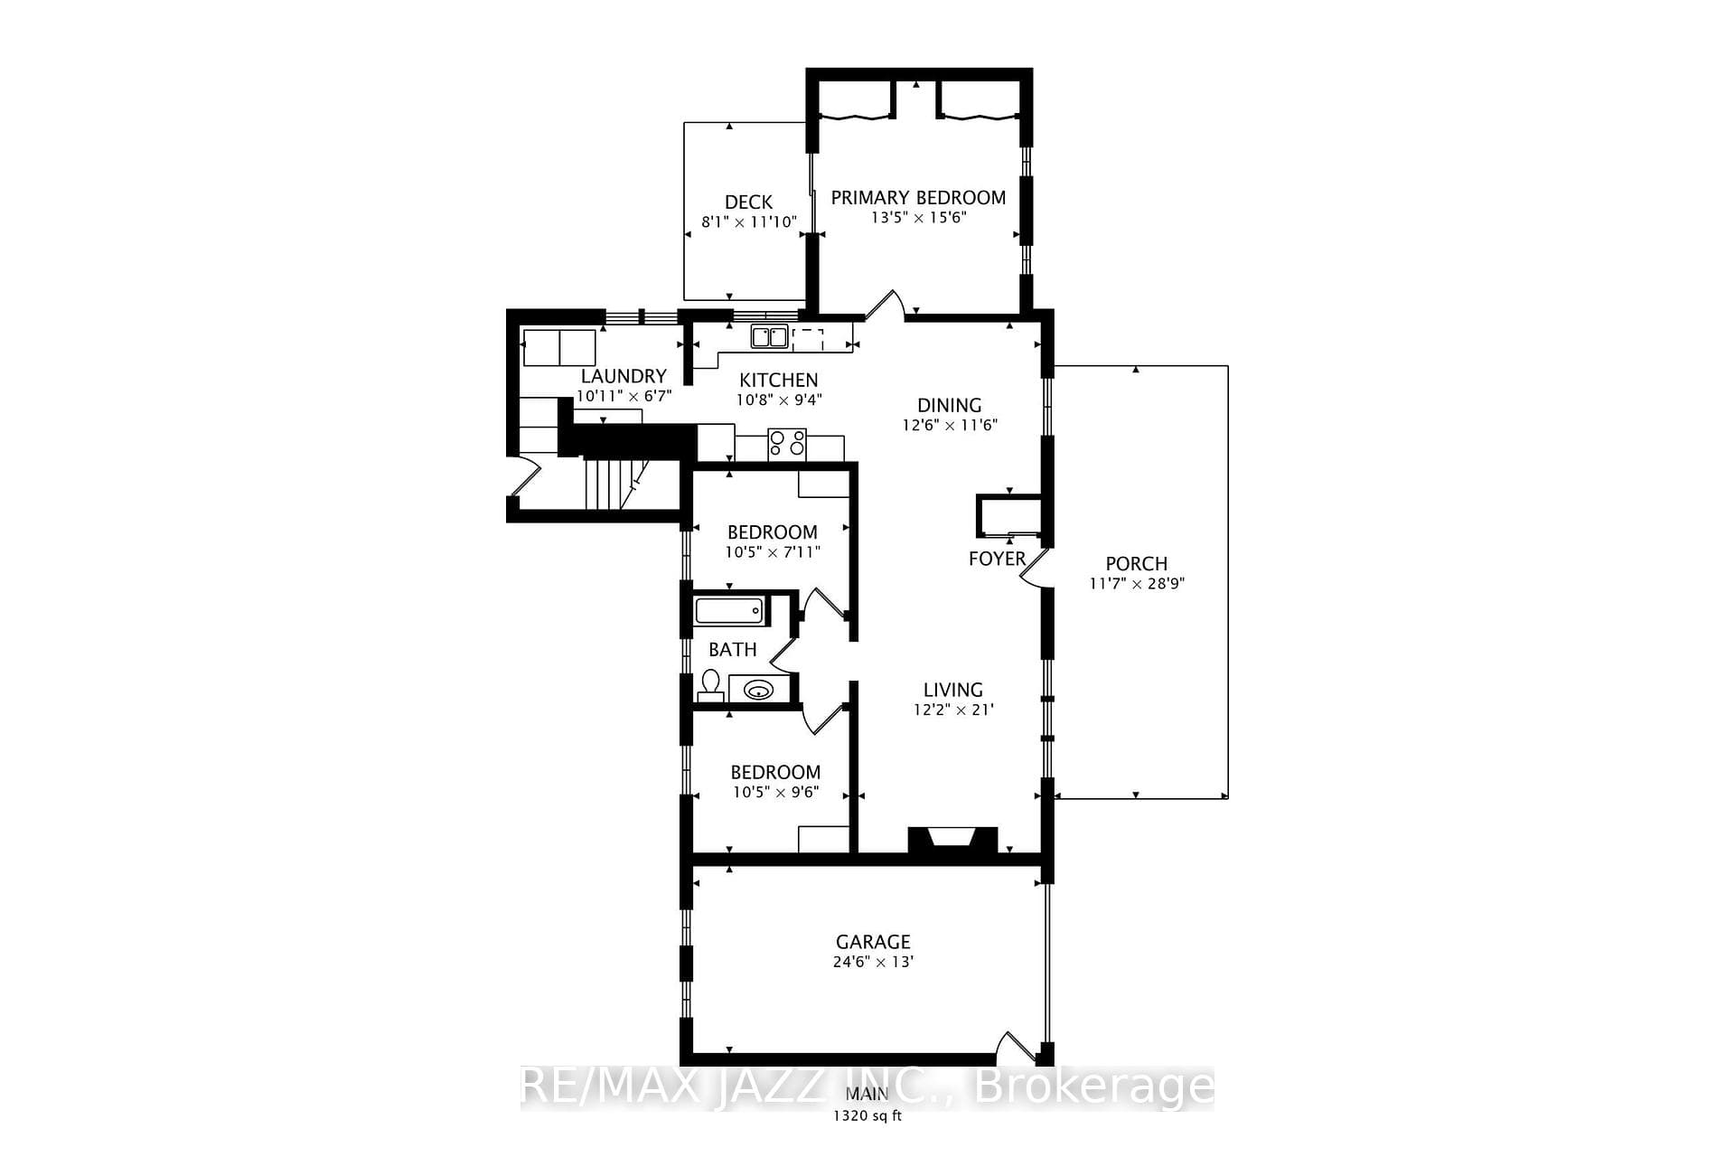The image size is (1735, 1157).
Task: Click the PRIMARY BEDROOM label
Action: [918, 197]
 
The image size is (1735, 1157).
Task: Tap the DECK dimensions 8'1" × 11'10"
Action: [749, 221]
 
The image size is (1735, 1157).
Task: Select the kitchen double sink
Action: [769, 337]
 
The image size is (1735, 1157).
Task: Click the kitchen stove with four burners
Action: [787, 445]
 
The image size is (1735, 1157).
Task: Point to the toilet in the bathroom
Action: [710, 685]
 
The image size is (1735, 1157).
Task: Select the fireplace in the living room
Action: [952, 840]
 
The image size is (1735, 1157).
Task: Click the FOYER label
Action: [997, 559]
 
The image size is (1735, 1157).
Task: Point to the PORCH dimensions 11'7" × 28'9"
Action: [1137, 584]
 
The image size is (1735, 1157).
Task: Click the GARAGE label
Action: [873, 942]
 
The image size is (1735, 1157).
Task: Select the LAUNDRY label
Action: [624, 376]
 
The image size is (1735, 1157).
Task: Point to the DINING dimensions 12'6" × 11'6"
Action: [950, 425]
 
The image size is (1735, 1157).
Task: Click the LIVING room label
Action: [953, 690]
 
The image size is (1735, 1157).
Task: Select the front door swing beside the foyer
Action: [1034, 570]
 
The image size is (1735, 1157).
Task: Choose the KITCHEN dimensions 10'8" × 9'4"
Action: [779, 400]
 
